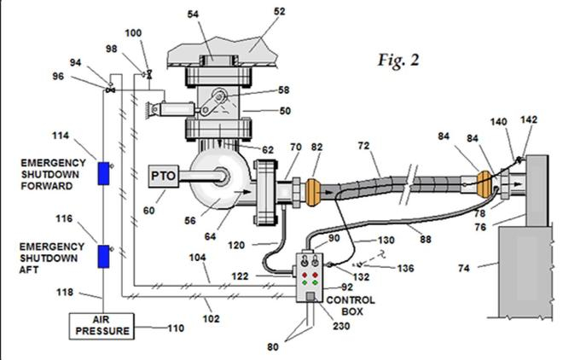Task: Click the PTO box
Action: (x=164, y=176)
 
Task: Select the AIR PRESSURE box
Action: (x=102, y=326)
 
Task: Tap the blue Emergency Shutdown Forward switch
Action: (x=104, y=173)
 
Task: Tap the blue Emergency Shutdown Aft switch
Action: (x=104, y=256)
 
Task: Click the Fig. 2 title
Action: (x=398, y=61)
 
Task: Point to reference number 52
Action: (x=279, y=11)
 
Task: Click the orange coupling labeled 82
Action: (x=312, y=192)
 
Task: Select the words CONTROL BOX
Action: (x=351, y=305)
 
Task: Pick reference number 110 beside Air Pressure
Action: (x=176, y=328)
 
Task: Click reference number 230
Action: (x=341, y=326)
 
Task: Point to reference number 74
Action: (x=464, y=268)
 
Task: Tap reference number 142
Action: (x=529, y=119)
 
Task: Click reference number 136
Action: (x=405, y=268)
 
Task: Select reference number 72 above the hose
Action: (x=363, y=145)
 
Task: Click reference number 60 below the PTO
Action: (x=149, y=210)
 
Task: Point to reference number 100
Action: (x=133, y=33)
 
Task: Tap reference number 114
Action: (x=61, y=136)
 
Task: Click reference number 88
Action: (x=426, y=239)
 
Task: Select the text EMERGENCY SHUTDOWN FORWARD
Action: (x=53, y=174)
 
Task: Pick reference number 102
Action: (x=212, y=319)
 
